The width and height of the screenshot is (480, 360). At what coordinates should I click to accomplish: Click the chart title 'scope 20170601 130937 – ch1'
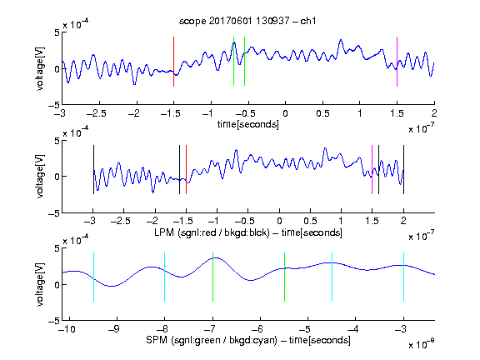[x=247, y=21]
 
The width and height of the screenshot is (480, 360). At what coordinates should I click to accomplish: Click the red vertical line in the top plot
[x=173, y=62]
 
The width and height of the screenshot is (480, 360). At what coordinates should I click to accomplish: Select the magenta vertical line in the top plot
[x=397, y=62]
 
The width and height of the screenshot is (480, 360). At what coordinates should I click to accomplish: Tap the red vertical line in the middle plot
[x=186, y=170]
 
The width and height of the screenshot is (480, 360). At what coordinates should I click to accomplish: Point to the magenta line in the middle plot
[x=372, y=170]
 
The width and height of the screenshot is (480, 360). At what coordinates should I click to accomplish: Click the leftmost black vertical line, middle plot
[x=93, y=170]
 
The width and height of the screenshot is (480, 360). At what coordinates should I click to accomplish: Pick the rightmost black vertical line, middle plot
[x=403, y=170]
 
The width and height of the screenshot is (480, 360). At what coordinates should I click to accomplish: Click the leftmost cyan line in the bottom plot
[x=93, y=277]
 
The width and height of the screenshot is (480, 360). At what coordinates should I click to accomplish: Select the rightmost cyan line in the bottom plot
[x=403, y=277]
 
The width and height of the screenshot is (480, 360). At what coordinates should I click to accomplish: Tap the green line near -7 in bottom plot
[x=212, y=277]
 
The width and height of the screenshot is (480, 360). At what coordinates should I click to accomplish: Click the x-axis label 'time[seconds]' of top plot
[x=248, y=125]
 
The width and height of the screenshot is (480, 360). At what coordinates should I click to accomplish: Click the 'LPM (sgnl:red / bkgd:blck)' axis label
[x=212, y=232]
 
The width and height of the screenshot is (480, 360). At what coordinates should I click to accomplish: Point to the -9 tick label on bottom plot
[x=114, y=329]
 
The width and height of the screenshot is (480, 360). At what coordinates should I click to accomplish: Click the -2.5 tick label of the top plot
[x=96, y=113]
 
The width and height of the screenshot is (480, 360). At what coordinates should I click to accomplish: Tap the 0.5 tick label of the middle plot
[x=310, y=221]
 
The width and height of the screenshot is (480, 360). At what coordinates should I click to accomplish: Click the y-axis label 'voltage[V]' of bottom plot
[x=40, y=285]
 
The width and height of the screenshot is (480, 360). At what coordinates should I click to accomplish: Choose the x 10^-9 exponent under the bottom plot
[x=421, y=344]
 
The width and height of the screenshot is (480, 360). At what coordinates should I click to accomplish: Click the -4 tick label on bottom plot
[x=353, y=329]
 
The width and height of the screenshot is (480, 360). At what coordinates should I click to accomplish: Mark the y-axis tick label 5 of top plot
[x=57, y=32]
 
